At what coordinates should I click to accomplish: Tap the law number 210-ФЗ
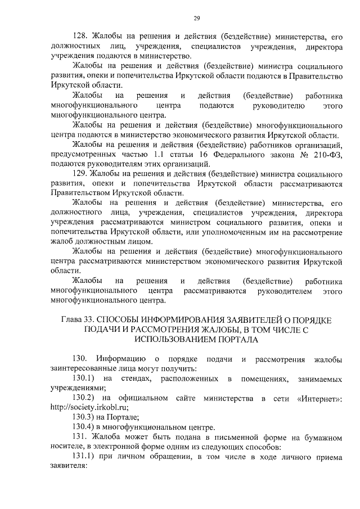click(x=326, y=154)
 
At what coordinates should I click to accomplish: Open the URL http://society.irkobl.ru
click(x=89, y=408)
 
